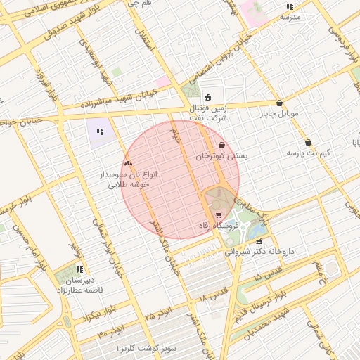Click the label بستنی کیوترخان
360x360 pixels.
[222, 156]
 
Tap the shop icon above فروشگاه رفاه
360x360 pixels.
[219, 215]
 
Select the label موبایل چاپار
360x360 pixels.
[280, 113]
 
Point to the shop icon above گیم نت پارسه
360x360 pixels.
[308, 142]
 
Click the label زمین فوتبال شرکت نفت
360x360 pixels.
[208, 113]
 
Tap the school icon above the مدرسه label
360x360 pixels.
[290, 6]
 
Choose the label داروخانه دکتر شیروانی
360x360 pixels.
[259, 250]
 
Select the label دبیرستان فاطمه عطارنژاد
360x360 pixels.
[79, 284]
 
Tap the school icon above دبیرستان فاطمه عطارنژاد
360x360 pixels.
[79, 269]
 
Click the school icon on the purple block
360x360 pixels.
[100, 131]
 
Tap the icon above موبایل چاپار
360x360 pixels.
[280, 103]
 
